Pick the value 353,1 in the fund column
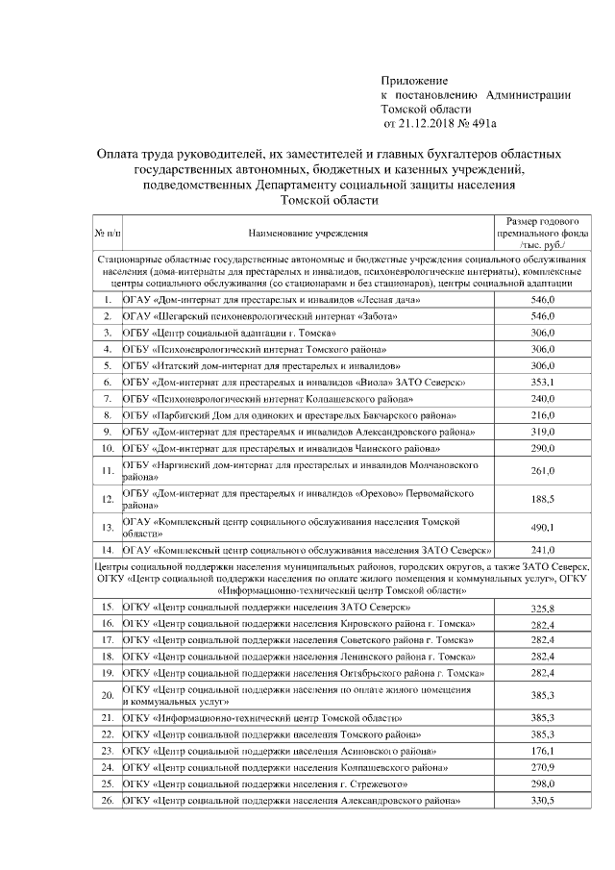pyautogui.click(x=543, y=382)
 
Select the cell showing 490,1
pyautogui.click(x=543, y=527)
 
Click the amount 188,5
pyautogui.click(x=543, y=499)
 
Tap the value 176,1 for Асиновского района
pyautogui.click(x=543, y=750)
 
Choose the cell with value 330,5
pyautogui.click(x=543, y=802)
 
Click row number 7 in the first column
pyautogui.click(x=108, y=398)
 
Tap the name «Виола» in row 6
pyautogui.click(x=384, y=382)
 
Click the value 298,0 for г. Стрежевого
pyautogui.click(x=543, y=784)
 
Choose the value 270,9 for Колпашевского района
pyautogui.click(x=543, y=767)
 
